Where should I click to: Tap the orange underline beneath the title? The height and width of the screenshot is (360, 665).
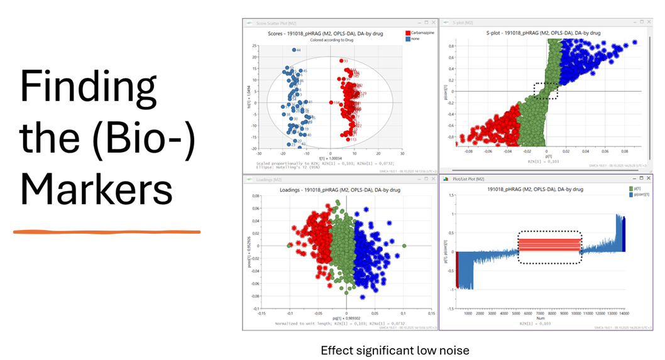[107, 232]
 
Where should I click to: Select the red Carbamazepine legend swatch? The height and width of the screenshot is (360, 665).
[408, 32]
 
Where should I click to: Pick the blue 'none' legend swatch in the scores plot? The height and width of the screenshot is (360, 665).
[408, 38]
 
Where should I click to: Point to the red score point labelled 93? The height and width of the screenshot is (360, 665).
[341, 61]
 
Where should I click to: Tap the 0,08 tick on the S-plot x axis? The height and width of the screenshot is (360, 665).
[624, 151]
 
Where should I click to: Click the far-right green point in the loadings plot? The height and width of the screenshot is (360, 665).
[404, 246]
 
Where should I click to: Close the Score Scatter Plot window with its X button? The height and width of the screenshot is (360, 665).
[434, 22]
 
